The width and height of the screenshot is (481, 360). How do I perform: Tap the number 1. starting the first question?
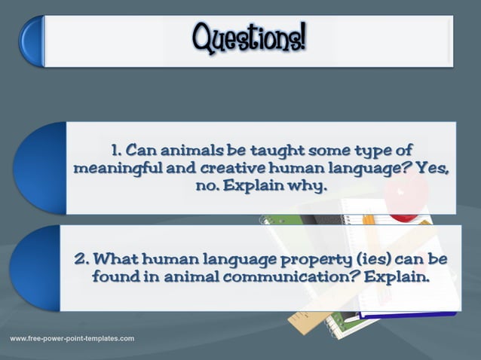click(116, 151)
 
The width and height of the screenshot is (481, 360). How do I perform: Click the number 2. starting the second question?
click(81, 258)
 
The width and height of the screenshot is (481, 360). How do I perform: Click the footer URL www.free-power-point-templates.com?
click(72, 338)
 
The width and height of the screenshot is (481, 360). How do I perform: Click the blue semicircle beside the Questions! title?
click(32, 42)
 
